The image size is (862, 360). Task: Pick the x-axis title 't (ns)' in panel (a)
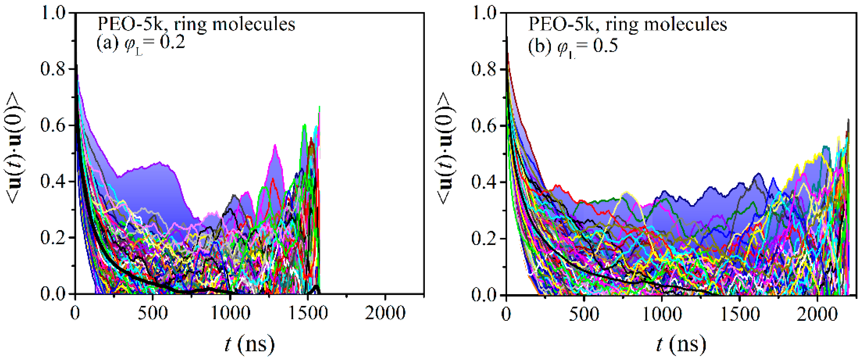tap(249, 344)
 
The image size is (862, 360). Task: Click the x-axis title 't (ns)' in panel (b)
tap(681, 344)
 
